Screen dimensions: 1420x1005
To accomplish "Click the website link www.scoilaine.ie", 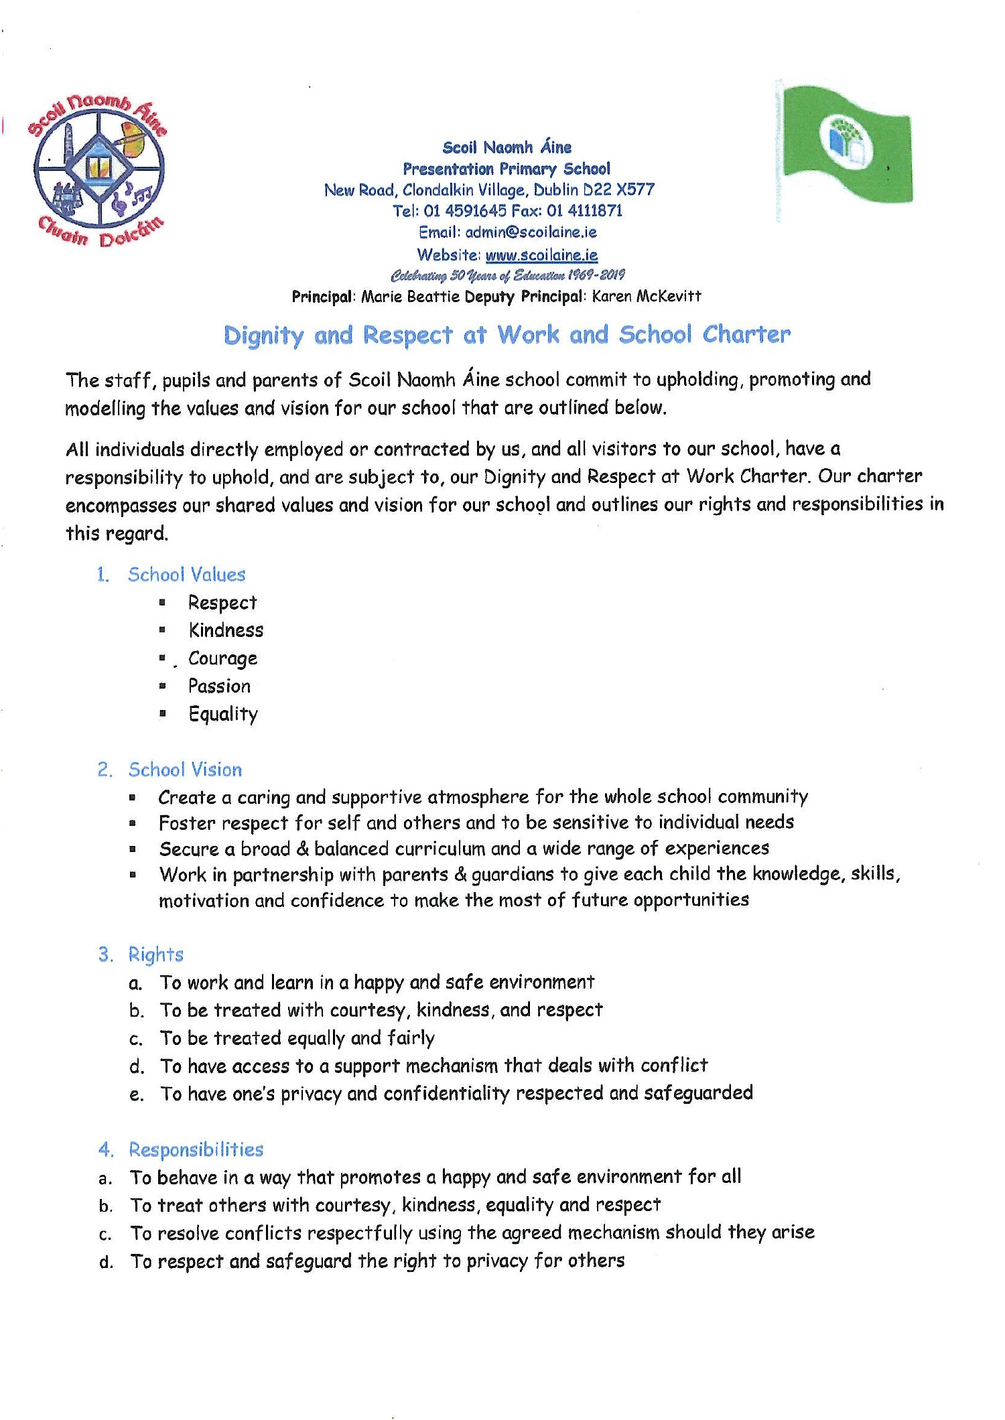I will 541,255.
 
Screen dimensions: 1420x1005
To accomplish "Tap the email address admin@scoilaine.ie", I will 531,232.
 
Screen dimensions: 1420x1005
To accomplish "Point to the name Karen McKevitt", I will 647,296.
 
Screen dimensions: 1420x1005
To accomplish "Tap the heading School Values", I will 186,575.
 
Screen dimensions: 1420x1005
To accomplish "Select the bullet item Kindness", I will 226,630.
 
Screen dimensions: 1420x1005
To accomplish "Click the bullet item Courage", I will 222,658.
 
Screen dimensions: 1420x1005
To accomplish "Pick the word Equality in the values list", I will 222,714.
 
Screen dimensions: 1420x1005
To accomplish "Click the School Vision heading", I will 185,770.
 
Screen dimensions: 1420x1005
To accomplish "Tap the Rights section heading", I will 155,954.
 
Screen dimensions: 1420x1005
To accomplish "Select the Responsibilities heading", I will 196,1149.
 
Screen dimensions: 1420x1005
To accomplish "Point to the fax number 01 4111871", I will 584,211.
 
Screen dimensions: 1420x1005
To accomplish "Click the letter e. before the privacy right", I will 136,1094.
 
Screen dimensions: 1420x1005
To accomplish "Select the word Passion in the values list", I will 219,686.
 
